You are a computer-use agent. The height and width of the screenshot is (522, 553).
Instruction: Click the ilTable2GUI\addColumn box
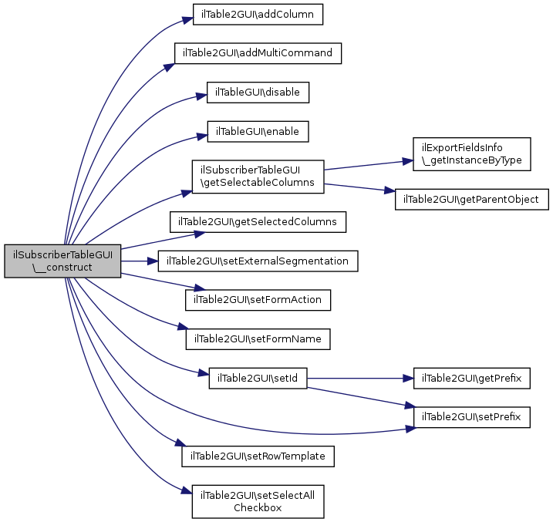pos(258,15)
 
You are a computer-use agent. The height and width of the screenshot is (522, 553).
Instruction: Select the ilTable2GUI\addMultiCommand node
pos(258,53)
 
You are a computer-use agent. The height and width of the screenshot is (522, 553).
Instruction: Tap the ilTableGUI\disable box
pos(258,93)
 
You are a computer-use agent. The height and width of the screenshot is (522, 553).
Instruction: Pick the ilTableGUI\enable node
pos(258,132)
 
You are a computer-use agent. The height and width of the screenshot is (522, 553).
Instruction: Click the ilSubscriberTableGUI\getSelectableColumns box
pos(258,177)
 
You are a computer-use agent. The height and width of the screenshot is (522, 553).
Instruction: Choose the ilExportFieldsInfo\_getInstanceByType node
pos(472,154)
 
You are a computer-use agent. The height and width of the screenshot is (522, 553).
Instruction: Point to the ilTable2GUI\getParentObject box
pos(472,200)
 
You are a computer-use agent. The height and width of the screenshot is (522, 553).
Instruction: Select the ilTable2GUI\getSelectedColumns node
pos(258,222)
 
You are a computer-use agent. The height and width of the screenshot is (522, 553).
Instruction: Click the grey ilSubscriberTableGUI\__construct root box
pos(62,261)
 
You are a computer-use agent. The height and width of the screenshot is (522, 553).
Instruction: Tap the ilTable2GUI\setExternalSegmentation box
pos(258,261)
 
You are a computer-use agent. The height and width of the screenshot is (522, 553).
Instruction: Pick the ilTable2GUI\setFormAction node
pos(258,300)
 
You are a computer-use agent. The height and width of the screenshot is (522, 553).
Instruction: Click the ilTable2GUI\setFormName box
pos(258,339)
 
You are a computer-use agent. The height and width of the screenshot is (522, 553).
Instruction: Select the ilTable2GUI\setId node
pos(258,378)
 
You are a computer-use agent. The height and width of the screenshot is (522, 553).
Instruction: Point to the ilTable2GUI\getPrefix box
pos(472,378)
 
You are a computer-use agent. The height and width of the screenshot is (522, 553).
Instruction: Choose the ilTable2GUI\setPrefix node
pos(472,417)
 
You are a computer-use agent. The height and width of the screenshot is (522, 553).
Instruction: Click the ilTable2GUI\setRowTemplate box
pos(258,456)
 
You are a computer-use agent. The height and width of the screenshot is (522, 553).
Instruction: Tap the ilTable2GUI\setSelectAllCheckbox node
pos(258,501)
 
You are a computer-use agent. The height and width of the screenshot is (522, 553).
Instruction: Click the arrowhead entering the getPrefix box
pos(409,379)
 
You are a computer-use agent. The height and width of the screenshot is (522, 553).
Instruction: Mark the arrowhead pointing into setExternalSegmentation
pos(153,261)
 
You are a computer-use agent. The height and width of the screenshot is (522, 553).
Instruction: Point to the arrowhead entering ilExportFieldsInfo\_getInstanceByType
pos(408,161)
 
